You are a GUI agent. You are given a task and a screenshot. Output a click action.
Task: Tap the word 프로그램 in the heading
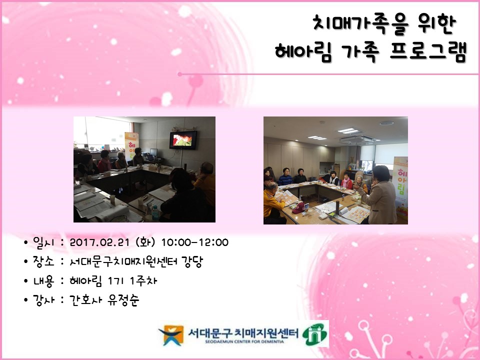(428, 51)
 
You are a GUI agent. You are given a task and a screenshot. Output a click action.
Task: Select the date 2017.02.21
(100, 242)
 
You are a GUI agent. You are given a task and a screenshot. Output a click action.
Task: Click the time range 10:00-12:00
(194, 242)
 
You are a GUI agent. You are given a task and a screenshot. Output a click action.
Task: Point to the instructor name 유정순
(123, 300)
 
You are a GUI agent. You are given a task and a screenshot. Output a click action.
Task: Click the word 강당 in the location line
(192, 261)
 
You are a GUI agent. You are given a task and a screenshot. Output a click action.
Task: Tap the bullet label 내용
(43, 281)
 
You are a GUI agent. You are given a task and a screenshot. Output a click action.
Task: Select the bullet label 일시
(43, 242)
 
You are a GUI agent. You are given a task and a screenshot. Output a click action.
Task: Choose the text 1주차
(143, 280)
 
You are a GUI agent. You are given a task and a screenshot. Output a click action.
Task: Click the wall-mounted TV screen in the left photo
(183, 140)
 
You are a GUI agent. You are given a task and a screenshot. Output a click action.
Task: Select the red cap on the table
(299, 208)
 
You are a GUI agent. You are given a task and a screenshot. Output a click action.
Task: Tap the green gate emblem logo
(314, 334)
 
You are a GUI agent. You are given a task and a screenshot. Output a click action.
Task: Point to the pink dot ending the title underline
(179, 74)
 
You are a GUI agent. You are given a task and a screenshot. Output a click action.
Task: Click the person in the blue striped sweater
(285, 177)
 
